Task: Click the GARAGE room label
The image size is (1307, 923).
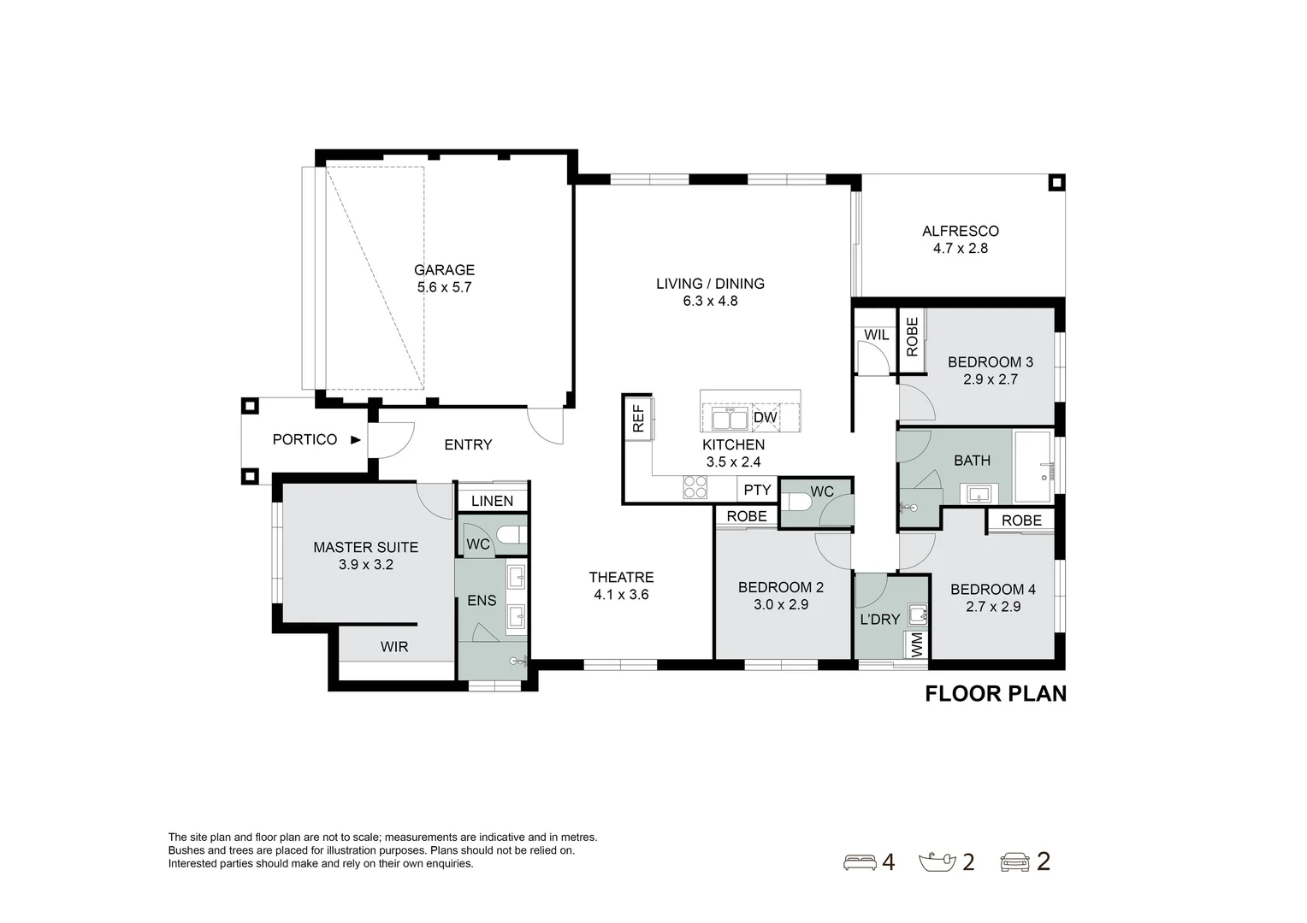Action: pos(444,270)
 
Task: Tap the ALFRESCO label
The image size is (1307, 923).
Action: pos(960,231)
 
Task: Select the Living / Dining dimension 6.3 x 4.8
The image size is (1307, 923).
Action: pos(710,301)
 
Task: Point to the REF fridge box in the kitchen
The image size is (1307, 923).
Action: pos(638,418)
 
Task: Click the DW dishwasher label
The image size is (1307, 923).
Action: pos(765,418)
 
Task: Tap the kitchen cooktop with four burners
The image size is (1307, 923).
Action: pos(695,486)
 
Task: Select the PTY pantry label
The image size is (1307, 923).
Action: pos(757,491)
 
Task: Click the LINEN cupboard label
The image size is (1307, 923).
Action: pos(492,501)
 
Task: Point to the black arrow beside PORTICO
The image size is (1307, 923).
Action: pos(356,439)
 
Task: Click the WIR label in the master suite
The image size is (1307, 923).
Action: pos(394,647)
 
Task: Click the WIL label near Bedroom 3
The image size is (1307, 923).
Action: pos(876,335)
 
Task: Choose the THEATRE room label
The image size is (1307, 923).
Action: pos(621,577)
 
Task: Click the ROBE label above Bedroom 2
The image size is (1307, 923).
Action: pos(747,516)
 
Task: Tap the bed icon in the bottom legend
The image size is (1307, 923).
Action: pos(859,862)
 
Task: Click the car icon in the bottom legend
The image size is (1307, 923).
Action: pos(1015,862)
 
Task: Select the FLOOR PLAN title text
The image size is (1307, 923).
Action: pos(996,693)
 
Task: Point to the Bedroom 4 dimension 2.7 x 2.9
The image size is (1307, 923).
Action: pos(992,607)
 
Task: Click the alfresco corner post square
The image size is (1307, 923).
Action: pos(1057,182)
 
